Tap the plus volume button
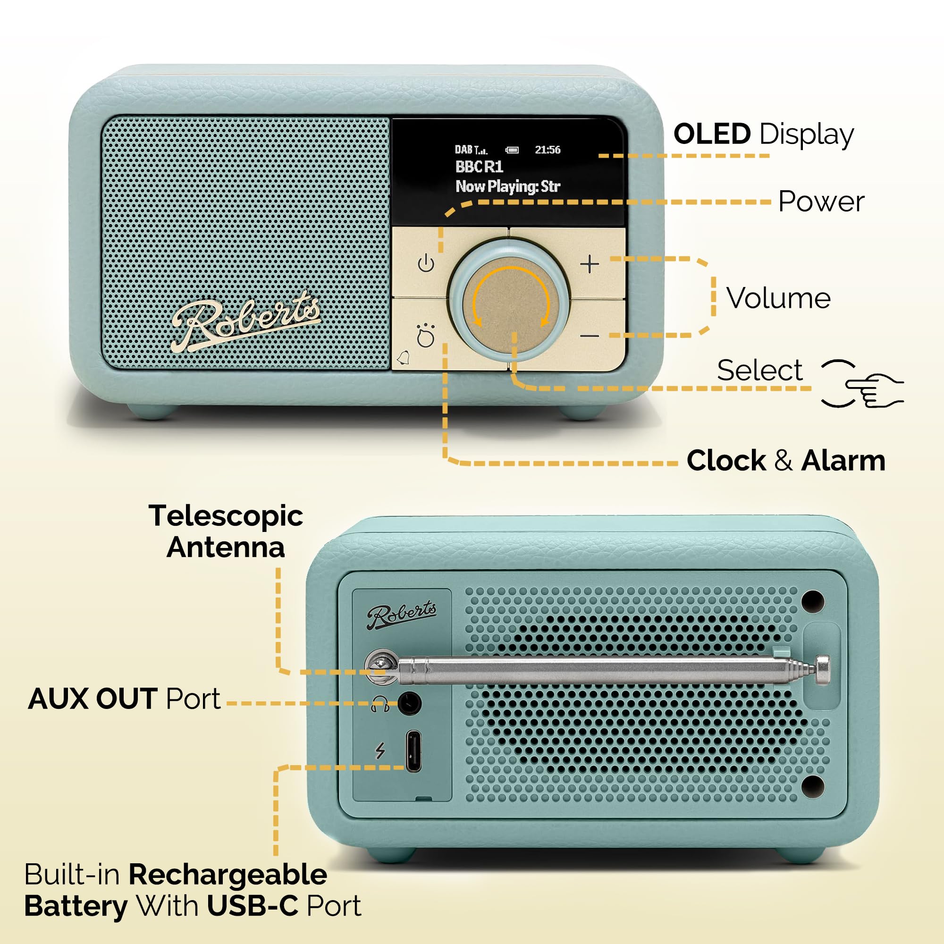pyautogui.click(x=590, y=264)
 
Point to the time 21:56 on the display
pyautogui.click(x=547, y=150)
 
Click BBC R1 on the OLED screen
pyautogui.click(x=479, y=167)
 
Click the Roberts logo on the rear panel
pyautogui.click(x=402, y=615)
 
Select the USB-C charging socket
pyautogui.click(x=413, y=751)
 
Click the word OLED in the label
pyautogui.click(x=711, y=134)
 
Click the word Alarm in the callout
pyautogui.click(x=843, y=460)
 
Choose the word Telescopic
pyautogui.click(x=226, y=516)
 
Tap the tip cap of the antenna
pyautogui.click(x=822, y=670)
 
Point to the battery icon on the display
pyautogui.click(x=512, y=150)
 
